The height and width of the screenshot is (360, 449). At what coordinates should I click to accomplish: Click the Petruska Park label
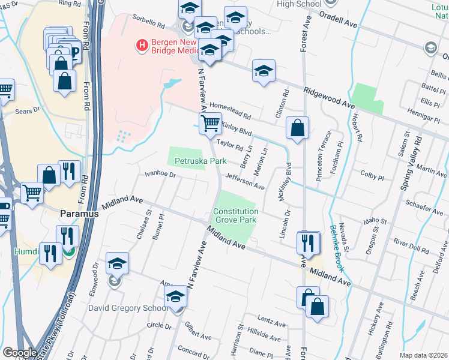[x=200, y=161]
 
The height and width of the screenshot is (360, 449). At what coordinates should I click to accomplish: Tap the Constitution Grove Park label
[x=235, y=216]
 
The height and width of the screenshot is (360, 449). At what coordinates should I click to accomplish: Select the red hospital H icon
[x=142, y=45]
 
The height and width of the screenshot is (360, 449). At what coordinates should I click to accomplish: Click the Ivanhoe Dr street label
[x=159, y=175]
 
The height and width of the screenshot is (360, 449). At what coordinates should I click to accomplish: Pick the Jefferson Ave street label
[x=245, y=182]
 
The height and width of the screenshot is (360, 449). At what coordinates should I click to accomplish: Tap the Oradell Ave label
[x=340, y=22]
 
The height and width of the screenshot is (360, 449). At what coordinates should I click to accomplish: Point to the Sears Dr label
[x=28, y=110]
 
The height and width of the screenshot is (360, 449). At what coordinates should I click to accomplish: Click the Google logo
[x=19, y=352]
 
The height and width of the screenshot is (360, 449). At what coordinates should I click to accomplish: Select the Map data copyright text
[x=424, y=355]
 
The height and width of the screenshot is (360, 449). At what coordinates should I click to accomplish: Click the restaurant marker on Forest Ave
[x=307, y=243]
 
